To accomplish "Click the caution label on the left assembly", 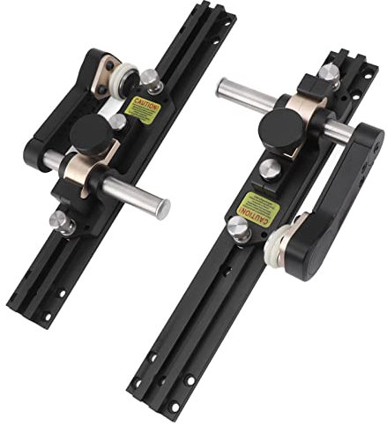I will pyautogui.click(x=144, y=109).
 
